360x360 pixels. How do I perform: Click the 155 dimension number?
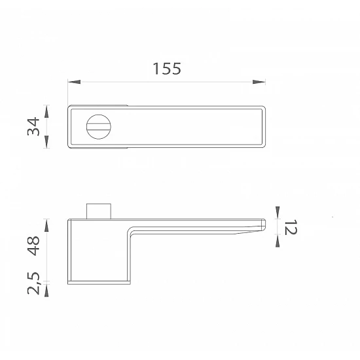(x=167, y=69)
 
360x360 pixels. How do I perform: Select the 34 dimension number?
(x=33, y=126)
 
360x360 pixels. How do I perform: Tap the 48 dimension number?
(x=33, y=245)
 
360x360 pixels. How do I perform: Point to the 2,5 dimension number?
(x=33, y=283)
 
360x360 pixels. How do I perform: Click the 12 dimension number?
(x=291, y=227)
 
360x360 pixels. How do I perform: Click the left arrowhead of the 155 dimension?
(x=74, y=82)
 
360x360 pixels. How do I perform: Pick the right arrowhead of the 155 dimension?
(x=259, y=82)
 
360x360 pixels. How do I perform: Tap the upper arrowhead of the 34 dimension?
(x=46, y=111)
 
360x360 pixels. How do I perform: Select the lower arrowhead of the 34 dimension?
(x=46, y=141)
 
